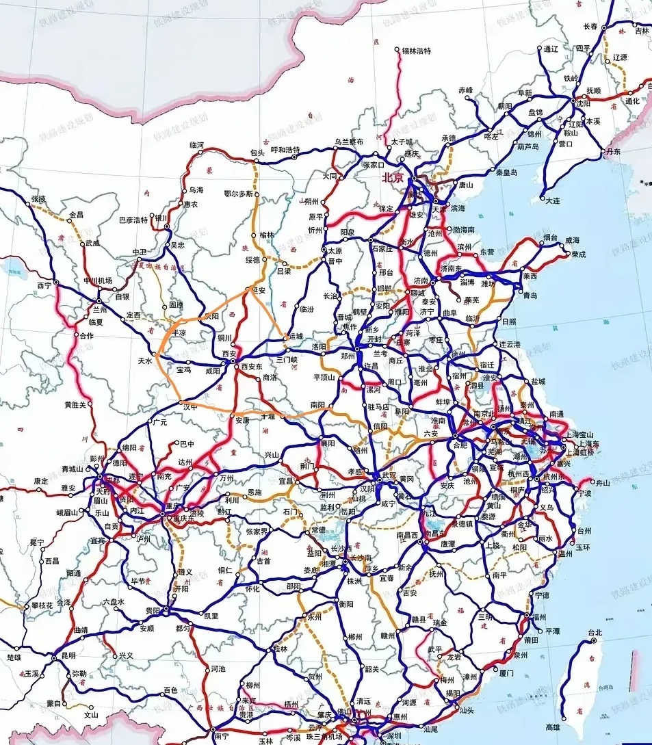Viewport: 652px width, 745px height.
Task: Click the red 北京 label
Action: click(393, 177)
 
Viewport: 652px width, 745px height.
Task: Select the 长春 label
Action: click(590, 26)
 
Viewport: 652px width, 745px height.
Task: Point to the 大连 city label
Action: click(551, 200)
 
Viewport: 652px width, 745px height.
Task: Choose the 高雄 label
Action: click(553, 728)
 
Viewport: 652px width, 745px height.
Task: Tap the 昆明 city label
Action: click(68, 655)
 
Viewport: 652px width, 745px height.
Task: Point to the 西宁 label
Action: click(44, 284)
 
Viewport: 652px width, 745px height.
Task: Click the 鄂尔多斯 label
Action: click(239, 194)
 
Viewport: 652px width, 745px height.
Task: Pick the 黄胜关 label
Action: click(76, 404)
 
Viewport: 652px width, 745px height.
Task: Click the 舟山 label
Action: click(603, 482)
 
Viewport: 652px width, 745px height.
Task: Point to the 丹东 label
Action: click(613, 151)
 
